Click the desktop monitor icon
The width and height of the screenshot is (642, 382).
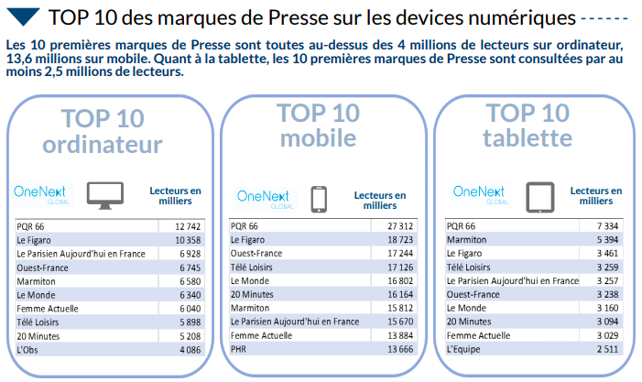point(105,193)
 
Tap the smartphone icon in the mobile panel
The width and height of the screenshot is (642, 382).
point(319,198)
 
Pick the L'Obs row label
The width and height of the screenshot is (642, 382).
point(29,349)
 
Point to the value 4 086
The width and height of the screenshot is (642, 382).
point(187,349)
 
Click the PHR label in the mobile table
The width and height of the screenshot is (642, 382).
point(239,351)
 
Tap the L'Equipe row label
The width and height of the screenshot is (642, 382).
point(464,350)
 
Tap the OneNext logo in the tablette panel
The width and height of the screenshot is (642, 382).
point(478,193)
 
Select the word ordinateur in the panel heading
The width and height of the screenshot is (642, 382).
point(103,145)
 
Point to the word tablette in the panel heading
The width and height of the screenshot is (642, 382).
point(528,138)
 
